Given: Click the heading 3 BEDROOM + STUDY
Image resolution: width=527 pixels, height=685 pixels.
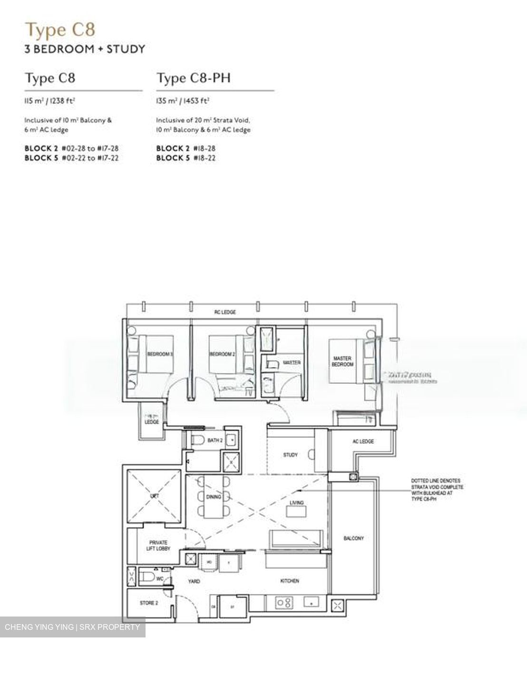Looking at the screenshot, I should [85, 49].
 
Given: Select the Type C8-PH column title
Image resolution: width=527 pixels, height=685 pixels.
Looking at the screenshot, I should [194, 78].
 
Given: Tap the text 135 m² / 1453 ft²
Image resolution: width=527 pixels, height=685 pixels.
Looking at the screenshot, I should [183, 101].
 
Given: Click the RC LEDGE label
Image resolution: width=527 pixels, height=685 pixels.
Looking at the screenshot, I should [224, 313].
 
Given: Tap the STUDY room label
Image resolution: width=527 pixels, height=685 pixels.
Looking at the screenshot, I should [290, 455].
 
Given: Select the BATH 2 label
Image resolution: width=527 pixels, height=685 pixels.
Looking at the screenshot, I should [215, 440].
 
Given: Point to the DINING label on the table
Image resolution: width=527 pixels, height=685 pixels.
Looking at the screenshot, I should [214, 497].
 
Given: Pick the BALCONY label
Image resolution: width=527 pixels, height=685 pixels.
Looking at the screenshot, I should [353, 538].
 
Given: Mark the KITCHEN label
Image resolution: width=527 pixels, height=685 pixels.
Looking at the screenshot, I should [289, 581].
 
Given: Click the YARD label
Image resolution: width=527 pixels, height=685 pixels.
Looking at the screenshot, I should [194, 581].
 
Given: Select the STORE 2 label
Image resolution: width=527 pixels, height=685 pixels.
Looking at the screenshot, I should [148, 603].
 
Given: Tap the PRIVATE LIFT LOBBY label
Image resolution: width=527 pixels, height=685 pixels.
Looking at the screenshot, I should [158, 546].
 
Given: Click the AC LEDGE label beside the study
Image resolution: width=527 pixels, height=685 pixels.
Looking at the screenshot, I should [363, 441].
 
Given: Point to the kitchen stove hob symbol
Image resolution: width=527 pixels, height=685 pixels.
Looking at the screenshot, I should [284, 603].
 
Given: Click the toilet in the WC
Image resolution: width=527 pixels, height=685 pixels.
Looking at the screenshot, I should [147, 577].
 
